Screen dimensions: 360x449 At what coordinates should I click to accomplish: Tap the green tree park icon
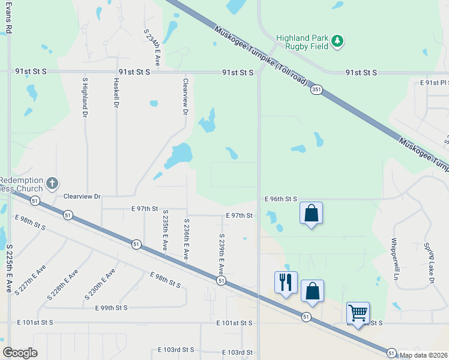pos(338,40)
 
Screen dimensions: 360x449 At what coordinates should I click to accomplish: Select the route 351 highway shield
pos(316,90)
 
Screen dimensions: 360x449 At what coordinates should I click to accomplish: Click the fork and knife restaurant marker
pos(286,281)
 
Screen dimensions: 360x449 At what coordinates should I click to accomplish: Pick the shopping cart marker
pos(358,312)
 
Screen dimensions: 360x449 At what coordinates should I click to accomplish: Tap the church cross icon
pos(52,183)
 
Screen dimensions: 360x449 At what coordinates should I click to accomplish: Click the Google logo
pos(20,353)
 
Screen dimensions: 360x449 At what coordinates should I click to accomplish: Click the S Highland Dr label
pos(85,97)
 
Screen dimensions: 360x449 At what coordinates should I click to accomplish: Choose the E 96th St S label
pos(281,199)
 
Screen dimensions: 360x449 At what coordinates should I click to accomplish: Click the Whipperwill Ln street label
pos(394,259)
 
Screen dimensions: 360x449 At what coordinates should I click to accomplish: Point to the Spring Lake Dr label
pos(430,263)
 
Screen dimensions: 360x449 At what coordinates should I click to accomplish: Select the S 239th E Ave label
pos(221,254)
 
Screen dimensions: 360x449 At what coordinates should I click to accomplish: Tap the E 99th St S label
pos(112,308)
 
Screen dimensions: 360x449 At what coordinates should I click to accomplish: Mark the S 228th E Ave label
pos(63,285)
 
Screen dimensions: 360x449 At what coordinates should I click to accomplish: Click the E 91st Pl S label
pos(433,82)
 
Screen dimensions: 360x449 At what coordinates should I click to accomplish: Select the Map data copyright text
pos(424,355)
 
